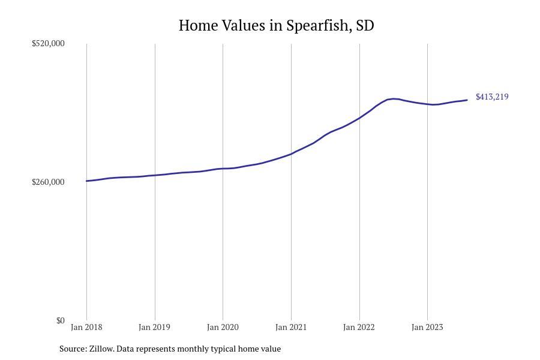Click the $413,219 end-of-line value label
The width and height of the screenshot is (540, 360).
492,97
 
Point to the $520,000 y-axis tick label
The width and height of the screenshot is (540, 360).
48,43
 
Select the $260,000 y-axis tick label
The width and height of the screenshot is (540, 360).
48,182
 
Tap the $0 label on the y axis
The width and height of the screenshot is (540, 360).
60,321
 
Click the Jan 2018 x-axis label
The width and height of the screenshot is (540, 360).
86,327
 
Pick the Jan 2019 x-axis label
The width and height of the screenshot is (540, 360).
155,327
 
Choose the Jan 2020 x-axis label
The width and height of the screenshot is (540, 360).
223,327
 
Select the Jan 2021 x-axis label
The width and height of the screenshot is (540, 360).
291,327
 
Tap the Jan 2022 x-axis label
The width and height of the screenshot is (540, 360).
359,327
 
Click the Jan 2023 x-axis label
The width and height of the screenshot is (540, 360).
427,327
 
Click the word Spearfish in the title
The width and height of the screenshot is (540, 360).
317,26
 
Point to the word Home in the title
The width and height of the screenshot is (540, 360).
198,25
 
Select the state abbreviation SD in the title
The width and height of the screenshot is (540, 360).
365,25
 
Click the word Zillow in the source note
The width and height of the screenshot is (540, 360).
102,349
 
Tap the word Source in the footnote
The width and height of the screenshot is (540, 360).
73,349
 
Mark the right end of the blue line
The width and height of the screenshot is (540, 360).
467,100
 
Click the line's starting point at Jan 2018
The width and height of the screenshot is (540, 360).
87,181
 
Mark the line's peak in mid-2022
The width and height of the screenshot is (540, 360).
393,99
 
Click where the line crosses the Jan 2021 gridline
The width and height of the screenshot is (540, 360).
292,154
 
